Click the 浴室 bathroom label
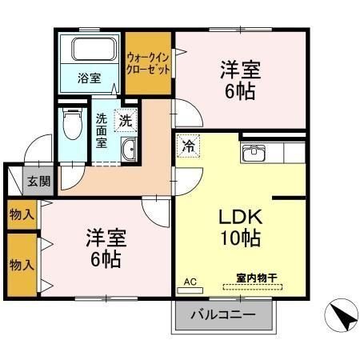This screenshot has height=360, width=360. click(89, 78)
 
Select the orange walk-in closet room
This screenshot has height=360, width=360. click(149, 62)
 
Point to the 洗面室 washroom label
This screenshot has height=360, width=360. click(102, 130)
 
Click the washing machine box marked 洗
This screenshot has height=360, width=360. click(126, 121)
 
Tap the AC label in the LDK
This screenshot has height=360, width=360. click(190, 282)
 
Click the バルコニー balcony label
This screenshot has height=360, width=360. click(223, 314)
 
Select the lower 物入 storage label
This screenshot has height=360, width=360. click(22, 263)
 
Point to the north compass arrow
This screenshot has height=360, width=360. click(342, 317)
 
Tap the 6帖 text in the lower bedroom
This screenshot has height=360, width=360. click(105, 258)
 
